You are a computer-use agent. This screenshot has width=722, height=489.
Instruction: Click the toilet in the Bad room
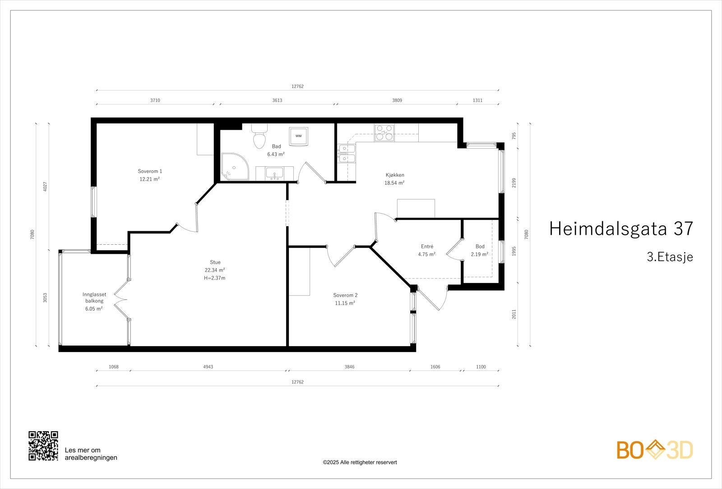[259, 137]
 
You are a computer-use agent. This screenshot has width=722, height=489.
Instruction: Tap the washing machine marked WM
[298, 136]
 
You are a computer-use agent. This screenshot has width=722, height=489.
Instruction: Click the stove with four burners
[384, 133]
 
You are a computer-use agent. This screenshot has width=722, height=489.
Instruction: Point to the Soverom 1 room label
[150, 171]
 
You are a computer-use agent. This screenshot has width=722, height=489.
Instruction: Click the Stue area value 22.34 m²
[215, 270]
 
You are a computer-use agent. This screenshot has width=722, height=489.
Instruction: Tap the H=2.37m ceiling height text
[215, 278]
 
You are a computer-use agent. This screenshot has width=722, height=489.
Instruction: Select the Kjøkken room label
[394, 175]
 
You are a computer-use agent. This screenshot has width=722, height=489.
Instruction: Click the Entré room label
[427, 247]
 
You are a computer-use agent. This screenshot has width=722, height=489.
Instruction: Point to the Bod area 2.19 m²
[480, 254]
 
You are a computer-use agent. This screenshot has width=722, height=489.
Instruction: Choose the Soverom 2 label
[345, 295]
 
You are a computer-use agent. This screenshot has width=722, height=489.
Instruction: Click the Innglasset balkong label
[94, 297]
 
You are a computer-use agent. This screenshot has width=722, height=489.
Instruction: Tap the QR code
[43, 446]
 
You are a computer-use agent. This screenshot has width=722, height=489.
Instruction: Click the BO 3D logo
[655, 450]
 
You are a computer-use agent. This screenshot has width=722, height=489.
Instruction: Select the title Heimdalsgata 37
[620, 229]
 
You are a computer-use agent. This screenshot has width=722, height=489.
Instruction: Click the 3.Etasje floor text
[670, 257]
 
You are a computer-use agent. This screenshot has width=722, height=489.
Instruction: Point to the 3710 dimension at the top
[155, 101]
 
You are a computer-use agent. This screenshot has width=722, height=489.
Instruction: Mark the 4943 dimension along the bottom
[208, 367]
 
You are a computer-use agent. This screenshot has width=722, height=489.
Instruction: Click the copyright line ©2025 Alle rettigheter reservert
[360, 462]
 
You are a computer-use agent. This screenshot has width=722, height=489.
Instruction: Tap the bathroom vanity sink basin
[274, 173]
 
